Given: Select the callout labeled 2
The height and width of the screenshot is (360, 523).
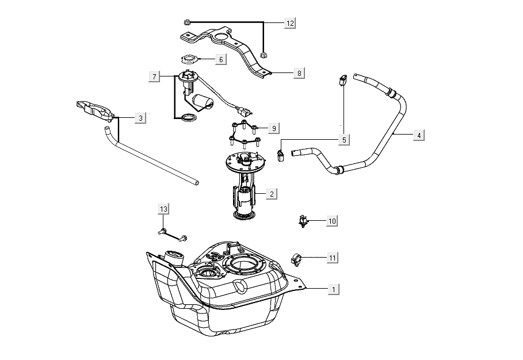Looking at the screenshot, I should coord(271,194).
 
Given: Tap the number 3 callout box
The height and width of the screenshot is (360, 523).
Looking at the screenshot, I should coord(140,118).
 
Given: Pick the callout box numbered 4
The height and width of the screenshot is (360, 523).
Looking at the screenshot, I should coord(419,135).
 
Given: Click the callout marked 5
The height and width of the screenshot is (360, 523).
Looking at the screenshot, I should coord(343,139).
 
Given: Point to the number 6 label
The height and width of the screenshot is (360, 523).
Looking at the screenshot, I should coord(220,59).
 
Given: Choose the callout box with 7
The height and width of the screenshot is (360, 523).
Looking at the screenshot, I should coord(154,76).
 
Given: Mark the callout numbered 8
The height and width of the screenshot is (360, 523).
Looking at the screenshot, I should coord(299,73).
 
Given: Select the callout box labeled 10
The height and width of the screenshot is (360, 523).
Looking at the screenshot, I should coord(331,220).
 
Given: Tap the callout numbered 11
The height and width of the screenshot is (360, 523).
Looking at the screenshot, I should coord(332,258).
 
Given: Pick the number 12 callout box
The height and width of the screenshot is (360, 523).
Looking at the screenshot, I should coord(290,23).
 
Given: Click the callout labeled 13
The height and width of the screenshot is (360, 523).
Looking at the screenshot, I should coord(164,209).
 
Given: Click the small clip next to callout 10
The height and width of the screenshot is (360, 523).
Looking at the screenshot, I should coord(302,220).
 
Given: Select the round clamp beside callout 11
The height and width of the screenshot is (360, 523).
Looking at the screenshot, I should coord(299,260).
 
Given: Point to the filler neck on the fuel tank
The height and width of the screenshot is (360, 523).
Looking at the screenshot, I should coord(174,257).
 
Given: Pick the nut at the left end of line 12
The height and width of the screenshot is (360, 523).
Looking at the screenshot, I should coord(188,22).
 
